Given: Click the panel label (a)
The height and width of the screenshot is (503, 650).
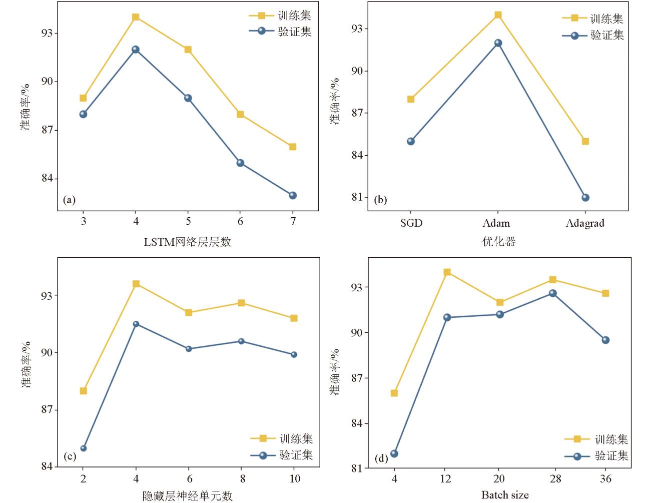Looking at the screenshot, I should pyautogui.click(x=69, y=200).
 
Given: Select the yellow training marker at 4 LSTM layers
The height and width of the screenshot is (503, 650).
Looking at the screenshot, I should pyautogui.click(x=136, y=17).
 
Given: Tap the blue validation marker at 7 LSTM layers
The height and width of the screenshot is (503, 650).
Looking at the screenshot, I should pyautogui.click(x=293, y=195).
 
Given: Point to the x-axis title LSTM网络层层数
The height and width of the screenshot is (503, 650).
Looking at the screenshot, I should pyautogui.click(x=188, y=242).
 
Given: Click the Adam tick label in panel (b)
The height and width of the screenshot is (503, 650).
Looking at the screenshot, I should pyautogui.click(x=496, y=223).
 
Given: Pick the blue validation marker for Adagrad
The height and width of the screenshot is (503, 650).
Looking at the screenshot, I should pyautogui.click(x=585, y=198).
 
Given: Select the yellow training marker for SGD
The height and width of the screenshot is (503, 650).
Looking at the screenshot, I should pyautogui.click(x=411, y=99).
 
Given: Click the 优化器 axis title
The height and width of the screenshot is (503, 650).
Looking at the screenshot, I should pyautogui.click(x=499, y=242).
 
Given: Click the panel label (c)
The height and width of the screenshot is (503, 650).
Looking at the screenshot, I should pyautogui.click(x=70, y=456).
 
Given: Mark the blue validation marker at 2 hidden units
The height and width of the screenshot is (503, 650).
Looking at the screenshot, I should pyautogui.click(x=84, y=448).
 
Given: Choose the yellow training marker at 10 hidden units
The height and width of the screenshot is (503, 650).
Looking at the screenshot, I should pyautogui.click(x=294, y=318).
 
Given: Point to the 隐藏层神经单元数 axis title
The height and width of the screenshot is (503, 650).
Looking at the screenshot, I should pyautogui.click(x=188, y=496).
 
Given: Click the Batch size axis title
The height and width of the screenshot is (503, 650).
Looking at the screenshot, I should pyautogui.click(x=505, y=495).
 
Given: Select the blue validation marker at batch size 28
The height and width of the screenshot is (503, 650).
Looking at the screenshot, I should pyautogui.click(x=552, y=293).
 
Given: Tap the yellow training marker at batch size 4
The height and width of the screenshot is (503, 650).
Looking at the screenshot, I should pyautogui.click(x=394, y=393).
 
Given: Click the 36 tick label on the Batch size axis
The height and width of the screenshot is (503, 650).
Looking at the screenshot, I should pyautogui.click(x=605, y=479).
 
